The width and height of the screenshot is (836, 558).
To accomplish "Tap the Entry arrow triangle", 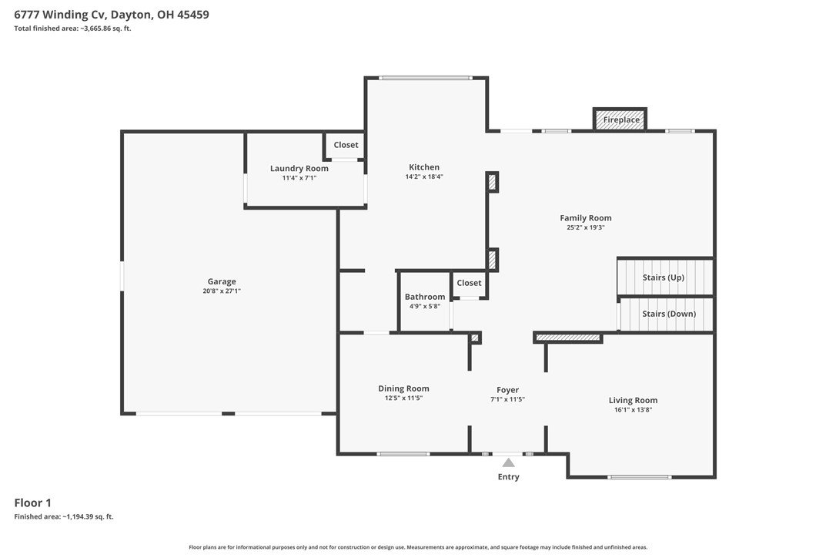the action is pos(509,462).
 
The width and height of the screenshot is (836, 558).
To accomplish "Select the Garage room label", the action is pos(222,281).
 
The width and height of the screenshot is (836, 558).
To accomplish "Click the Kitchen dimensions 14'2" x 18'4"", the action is pos(424,176).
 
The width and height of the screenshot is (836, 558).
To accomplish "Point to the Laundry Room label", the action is pos(299,168).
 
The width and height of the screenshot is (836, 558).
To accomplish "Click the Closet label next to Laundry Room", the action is pos(346,145).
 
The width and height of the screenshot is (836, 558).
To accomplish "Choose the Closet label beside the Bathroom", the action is pos(469,283).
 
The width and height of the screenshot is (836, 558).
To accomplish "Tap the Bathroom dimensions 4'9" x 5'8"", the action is pos(425,307).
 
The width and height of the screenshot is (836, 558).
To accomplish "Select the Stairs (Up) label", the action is pos(664,277).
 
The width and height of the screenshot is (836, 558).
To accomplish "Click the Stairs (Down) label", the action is pos(669,314).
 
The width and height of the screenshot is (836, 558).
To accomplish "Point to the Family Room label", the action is pos(585,218).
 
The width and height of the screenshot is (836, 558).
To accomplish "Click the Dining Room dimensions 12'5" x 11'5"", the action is pos(403,398).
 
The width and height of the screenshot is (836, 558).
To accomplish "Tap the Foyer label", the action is pos(507,390).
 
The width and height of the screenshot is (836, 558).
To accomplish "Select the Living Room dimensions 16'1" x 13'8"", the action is pos(634,410).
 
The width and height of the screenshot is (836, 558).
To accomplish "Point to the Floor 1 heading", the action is pos(32,503).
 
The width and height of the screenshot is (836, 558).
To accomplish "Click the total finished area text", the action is pos(72,29).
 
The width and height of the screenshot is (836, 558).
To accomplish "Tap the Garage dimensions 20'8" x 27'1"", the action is pos(222,291).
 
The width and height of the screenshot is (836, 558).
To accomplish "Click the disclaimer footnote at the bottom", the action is pos(418,546).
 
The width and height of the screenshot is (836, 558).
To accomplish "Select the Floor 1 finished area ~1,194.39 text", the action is pos(63,516).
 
